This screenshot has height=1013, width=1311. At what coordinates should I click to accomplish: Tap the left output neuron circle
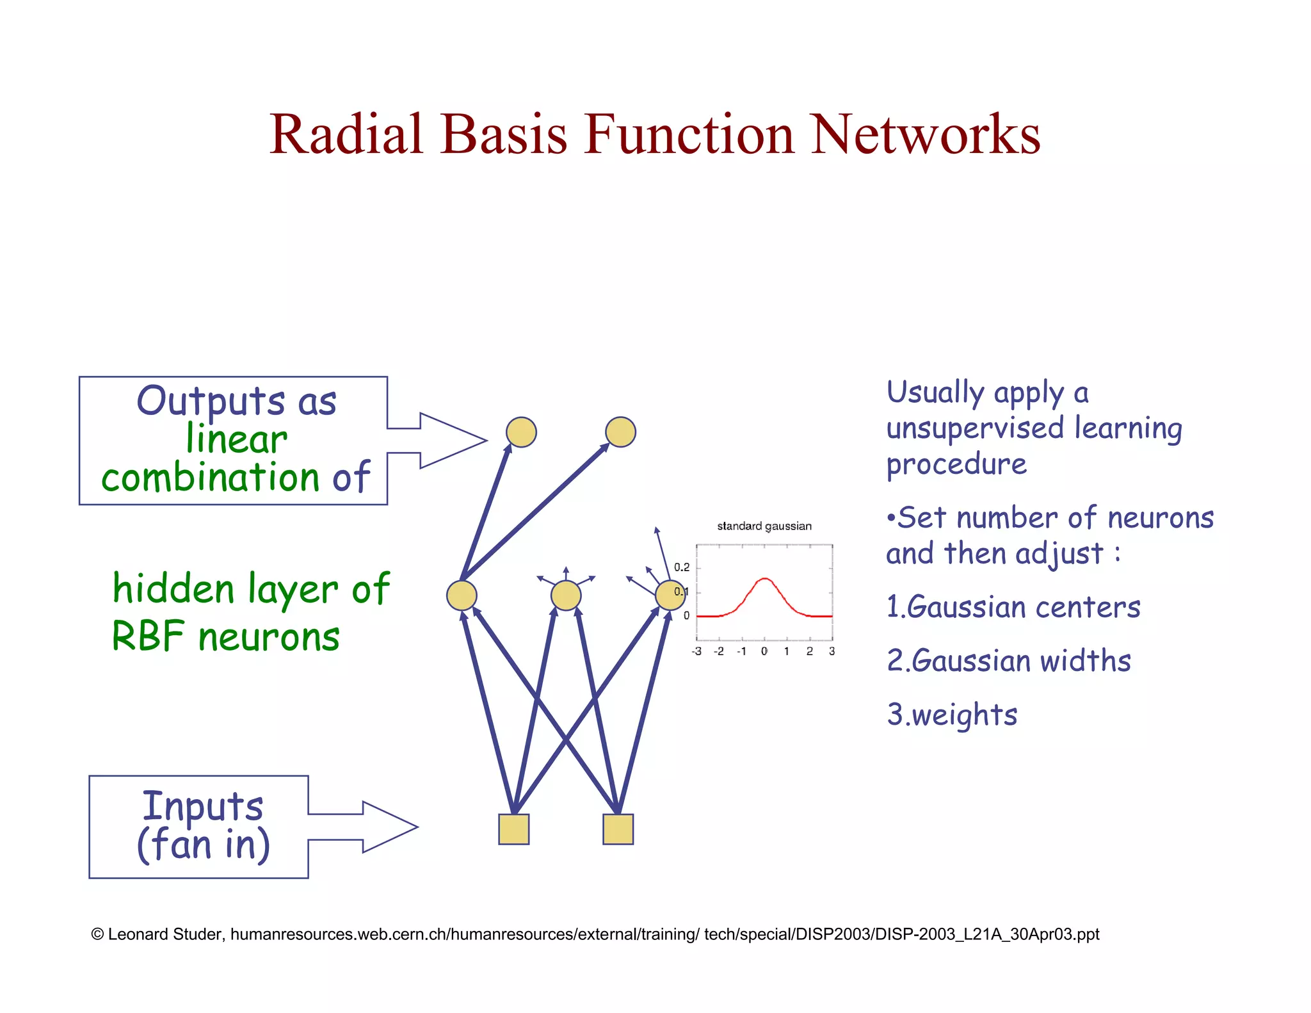[x=521, y=432]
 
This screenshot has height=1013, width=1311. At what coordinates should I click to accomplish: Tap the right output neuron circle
[x=620, y=432]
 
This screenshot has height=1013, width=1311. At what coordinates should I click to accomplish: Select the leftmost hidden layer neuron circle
[x=462, y=596]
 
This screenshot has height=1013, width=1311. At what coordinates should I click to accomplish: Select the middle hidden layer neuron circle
[x=566, y=596]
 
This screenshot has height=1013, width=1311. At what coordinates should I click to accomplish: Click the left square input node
[x=514, y=829]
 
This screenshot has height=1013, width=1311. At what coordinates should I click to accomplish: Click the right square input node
[x=618, y=829]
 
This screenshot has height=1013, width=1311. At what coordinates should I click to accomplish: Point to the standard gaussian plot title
[x=764, y=526]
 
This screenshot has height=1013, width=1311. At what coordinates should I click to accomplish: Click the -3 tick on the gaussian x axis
[x=696, y=651]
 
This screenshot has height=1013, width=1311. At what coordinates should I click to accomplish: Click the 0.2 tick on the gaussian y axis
[x=682, y=567]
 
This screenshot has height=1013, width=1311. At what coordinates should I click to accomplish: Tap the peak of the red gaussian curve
[x=764, y=579]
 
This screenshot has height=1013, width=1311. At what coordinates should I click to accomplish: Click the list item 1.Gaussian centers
[x=1013, y=607]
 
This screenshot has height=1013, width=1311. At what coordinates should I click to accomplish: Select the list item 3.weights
[x=953, y=715]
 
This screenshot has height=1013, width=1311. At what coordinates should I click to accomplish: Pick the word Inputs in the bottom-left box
[x=202, y=806]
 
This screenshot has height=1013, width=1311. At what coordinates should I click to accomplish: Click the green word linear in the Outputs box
[x=236, y=440]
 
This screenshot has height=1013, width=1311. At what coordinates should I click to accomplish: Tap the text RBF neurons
[x=225, y=637]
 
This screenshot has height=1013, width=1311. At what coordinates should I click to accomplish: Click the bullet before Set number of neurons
[x=890, y=518]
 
